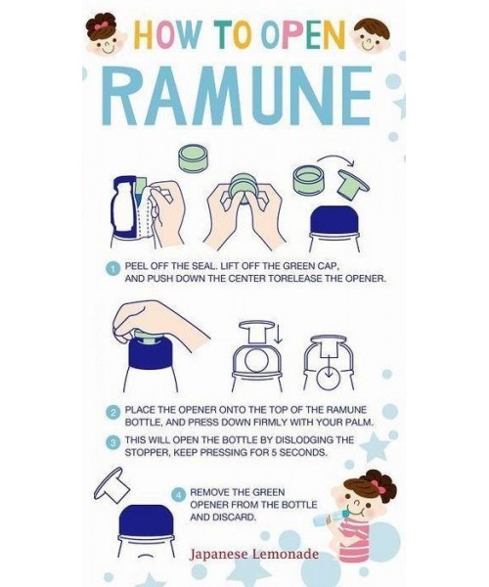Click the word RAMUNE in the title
tap(238, 96)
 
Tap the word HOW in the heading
tap(167, 35)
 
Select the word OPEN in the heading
tap(302, 35)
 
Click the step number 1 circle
tap(112, 269)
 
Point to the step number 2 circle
tap(112, 412)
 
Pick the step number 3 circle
tap(112, 442)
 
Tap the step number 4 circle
tap(178, 494)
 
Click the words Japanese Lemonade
tap(254, 554)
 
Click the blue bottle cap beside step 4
tap(145, 521)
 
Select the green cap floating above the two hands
tap(193, 158)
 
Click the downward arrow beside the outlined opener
tap(278, 334)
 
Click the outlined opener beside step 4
tap(111, 485)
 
